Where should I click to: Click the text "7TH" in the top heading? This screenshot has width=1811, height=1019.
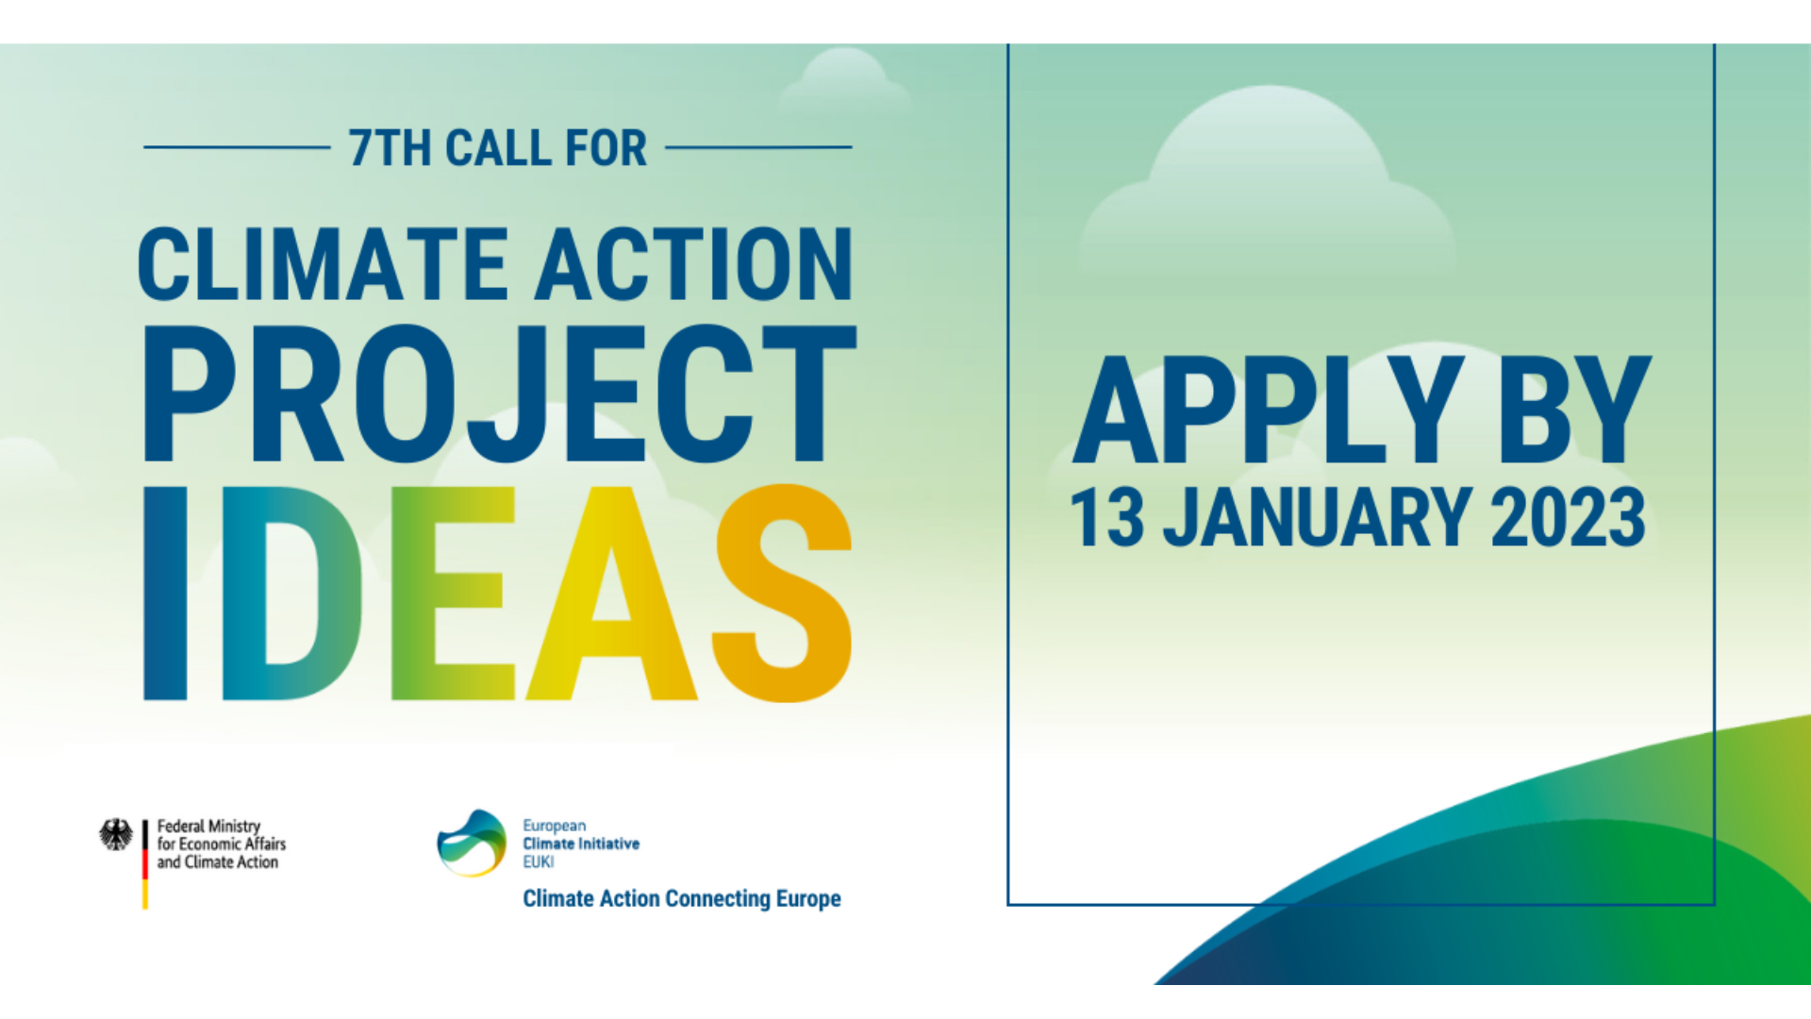click(389, 148)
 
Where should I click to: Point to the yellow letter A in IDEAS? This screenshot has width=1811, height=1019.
click(611, 593)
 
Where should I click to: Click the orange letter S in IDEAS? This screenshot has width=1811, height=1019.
click(782, 593)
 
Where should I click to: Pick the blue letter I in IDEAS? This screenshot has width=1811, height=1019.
click(165, 593)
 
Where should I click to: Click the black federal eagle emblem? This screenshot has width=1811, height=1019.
click(116, 834)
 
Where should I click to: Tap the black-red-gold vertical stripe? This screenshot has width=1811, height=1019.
click(145, 864)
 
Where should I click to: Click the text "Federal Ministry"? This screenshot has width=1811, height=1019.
click(208, 827)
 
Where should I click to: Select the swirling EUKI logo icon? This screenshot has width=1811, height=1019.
click(472, 843)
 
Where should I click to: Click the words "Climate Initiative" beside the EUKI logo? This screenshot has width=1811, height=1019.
click(581, 844)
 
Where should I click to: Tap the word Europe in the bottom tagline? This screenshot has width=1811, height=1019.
click(808, 899)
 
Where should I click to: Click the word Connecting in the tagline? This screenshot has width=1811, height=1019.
click(718, 899)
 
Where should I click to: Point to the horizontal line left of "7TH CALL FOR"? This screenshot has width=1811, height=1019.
click(237, 147)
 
